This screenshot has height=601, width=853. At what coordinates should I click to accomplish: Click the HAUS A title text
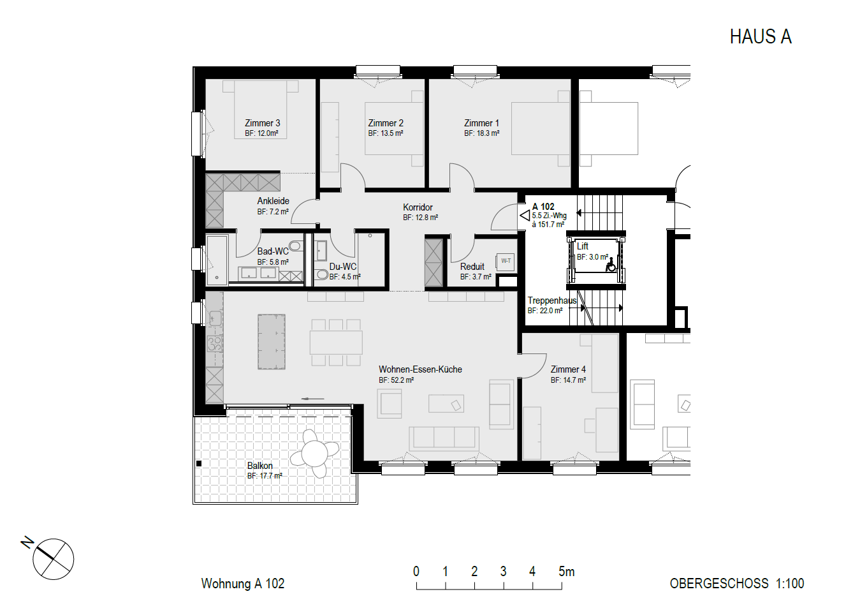[761, 37]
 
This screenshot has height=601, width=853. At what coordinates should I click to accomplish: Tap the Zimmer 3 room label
[263, 123]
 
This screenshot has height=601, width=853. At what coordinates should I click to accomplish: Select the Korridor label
[418, 207]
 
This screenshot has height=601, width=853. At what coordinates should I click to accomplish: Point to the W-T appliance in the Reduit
[506, 261]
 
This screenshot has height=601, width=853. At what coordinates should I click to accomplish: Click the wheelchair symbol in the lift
[611, 265]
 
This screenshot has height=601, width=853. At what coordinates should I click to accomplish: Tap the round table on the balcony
[314, 454]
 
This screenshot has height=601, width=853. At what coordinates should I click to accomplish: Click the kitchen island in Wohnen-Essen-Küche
[272, 342]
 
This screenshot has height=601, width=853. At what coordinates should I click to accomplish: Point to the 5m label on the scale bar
[567, 572]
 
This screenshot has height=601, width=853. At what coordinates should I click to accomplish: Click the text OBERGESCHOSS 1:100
[737, 584]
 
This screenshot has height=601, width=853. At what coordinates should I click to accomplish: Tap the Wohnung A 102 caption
[242, 584]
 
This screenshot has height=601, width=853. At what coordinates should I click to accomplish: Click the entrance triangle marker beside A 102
[525, 216]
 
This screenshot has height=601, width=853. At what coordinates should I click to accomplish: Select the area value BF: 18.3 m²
[482, 133]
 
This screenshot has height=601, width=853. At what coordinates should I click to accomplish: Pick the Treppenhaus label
[552, 300]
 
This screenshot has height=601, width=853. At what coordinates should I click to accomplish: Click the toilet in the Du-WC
[322, 274]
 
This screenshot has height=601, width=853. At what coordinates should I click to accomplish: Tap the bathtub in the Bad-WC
[217, 260]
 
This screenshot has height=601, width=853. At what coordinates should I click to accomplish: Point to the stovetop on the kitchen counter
[215, 343]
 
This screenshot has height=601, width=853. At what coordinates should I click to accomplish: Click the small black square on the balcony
[198, 464]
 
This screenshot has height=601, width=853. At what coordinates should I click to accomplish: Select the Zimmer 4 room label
[568, 369]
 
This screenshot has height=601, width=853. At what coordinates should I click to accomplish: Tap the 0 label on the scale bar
[416, 572]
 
